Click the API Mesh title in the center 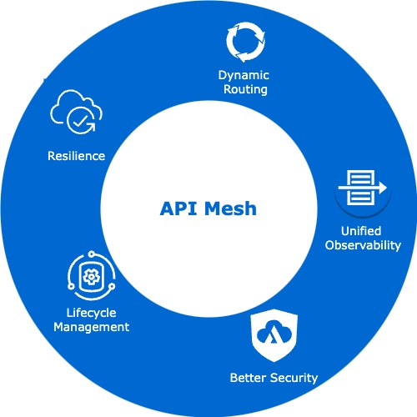[x=208, y=208]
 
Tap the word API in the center [x=178, y=208]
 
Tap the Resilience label [x=76, y=156]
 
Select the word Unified [x=360, y=231]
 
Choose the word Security [x=294, y=378]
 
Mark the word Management [x=92, y=328]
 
